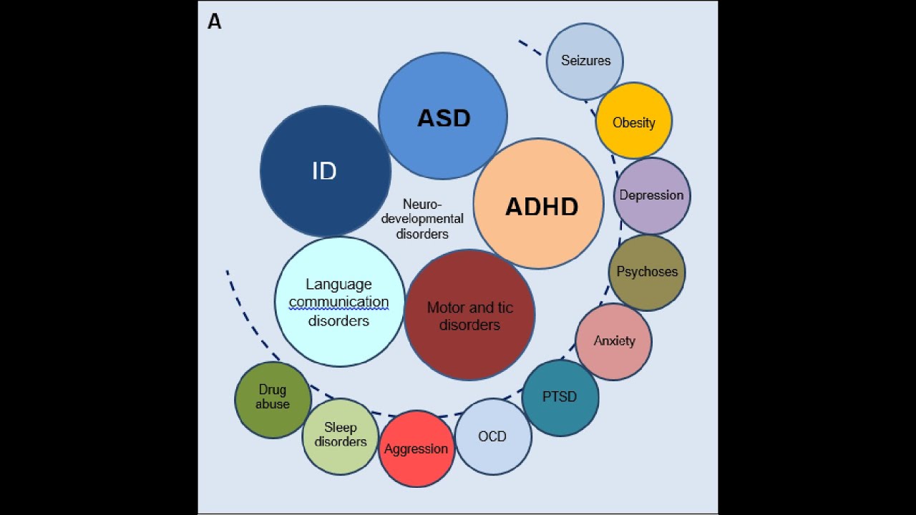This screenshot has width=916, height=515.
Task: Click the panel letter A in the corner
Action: click(214, 22)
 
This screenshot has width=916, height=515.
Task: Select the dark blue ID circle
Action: click(325, 172)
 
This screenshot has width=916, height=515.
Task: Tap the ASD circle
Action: click(443, 117)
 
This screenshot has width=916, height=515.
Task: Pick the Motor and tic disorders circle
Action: click(469, 315)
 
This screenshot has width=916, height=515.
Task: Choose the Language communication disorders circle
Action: click(339, 302)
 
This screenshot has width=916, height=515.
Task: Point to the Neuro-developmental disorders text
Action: click(422, 219)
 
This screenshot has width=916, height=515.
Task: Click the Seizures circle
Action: click(585, 61)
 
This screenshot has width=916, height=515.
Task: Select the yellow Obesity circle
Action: click(634, 121)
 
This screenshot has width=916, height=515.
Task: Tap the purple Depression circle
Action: click(652, 195)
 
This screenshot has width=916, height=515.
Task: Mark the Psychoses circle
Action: click(647, 272)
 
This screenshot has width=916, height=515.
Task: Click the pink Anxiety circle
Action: click(614, 341)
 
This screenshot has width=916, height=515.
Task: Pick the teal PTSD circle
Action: click(560, 397)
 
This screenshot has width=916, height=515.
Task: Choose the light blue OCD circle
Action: click(492, 436)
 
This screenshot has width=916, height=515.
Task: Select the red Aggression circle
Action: click(416, 449)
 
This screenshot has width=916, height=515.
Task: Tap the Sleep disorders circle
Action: click(341, 436)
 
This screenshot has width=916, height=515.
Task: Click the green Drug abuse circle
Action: click(273, 399)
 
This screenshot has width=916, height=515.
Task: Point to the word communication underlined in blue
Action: click(338, 303)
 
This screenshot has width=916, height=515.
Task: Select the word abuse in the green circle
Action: click(273, 405)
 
